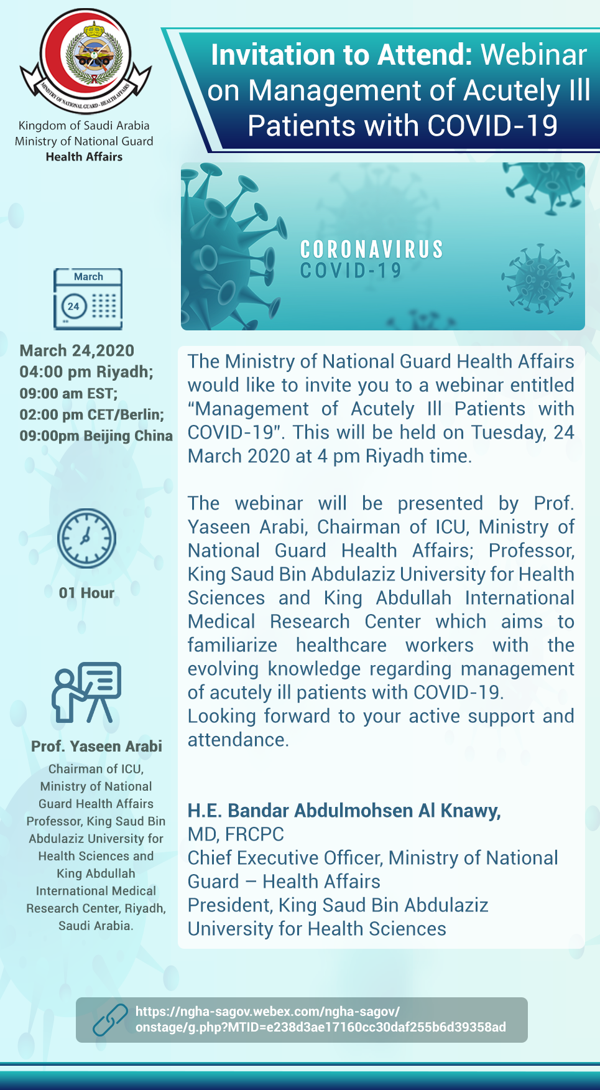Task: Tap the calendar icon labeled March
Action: pyautogui.click(x=88, y=299)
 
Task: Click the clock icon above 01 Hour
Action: pyautogui.click(x=86, y=538)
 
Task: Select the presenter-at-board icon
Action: pyautogui.click(x=86, y=692)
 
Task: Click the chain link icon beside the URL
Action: pyautogui.click(x=110, y=1020)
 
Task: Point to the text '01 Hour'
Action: pyautogui.click(x=86, y=593)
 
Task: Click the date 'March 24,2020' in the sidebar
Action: pyautogui.click(x=77, y=351)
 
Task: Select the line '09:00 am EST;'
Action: pyautogui.click(x=68, y=394)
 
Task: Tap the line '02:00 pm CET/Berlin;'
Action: pyautogui.click(x=91, y=415)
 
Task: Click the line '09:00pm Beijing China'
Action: pyautogui.click(x=96, y=436)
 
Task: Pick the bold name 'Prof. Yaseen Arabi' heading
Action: pyautogui.click(x=96, y=747)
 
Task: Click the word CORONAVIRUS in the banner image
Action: pyautogui.click(x=372, y=250)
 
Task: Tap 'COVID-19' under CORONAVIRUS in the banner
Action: pyautogui.click(x=351, y=271)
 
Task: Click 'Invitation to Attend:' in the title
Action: pyautogui.click(x=341, y=55)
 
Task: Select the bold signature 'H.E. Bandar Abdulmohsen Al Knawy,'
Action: pyautogui.click(x=344, y=811)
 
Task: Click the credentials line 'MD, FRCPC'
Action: pyautogui.click(x=236, y=834)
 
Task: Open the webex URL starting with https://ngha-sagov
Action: pyautogui.click(x=320, y=1020)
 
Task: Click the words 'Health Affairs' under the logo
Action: pyautogui.click(x=84, y=157)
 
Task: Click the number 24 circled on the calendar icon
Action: pyautogui.click(x=73, y=306)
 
